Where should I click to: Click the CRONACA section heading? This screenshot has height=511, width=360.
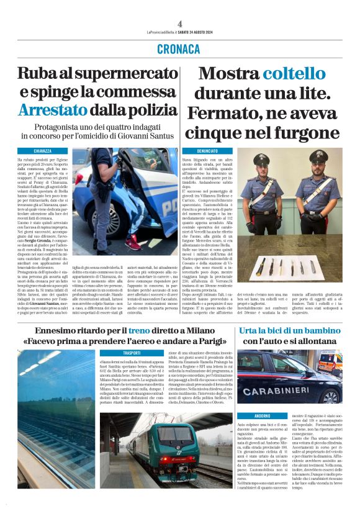[x=179, y=48]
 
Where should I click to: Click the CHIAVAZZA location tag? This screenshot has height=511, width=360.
[x=43, y=151]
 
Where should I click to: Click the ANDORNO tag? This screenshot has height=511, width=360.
[x=262, y=415]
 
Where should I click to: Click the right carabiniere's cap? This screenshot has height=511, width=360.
[x=318, y=155]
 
